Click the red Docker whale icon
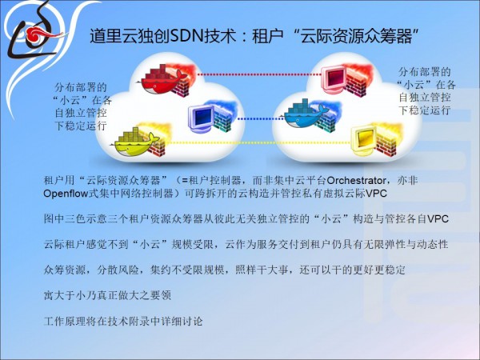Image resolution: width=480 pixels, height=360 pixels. click(162, 79)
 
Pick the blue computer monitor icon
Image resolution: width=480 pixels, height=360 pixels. click(201, 118)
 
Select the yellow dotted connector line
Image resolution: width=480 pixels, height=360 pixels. click(258, 142)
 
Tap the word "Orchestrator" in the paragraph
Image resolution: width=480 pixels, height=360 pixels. click(356, 180)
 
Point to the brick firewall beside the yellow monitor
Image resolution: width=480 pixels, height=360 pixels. click(387, 144)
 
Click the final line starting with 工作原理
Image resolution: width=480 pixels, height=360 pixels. click(123, 321)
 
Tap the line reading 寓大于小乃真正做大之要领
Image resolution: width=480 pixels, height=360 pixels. click(107, 295)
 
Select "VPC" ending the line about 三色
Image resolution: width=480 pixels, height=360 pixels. click(438, 219)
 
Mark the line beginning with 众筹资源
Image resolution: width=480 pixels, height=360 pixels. click(224, 270)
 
